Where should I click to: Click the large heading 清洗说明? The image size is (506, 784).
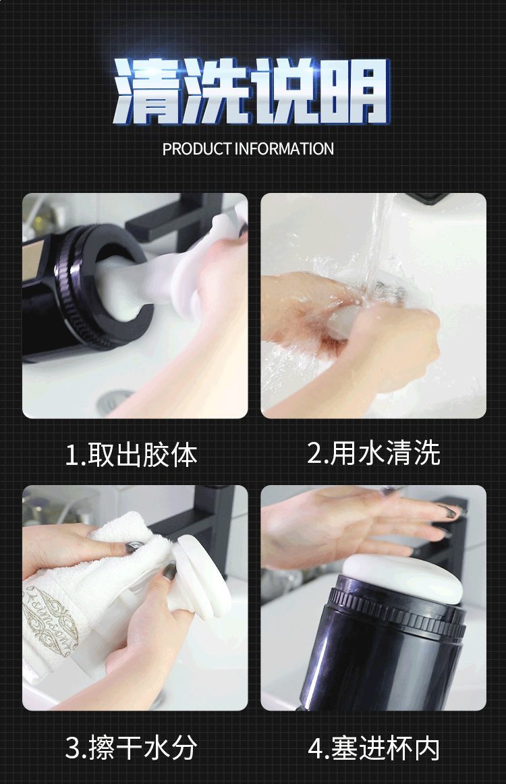point(252,91)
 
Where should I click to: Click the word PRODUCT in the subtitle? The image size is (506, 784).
point(197,149)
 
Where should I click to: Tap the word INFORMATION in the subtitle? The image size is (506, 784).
point(284,149)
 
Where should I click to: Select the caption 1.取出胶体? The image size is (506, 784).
point(132,455)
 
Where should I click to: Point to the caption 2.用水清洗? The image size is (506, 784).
point(374,453)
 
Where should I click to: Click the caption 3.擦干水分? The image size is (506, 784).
point(132,748)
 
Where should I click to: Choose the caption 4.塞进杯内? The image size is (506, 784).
point(374,748)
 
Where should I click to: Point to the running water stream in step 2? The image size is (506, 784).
point(379,240)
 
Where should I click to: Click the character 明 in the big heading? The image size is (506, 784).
point(356,91)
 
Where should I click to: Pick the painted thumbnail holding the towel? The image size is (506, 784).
point(132,548)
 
